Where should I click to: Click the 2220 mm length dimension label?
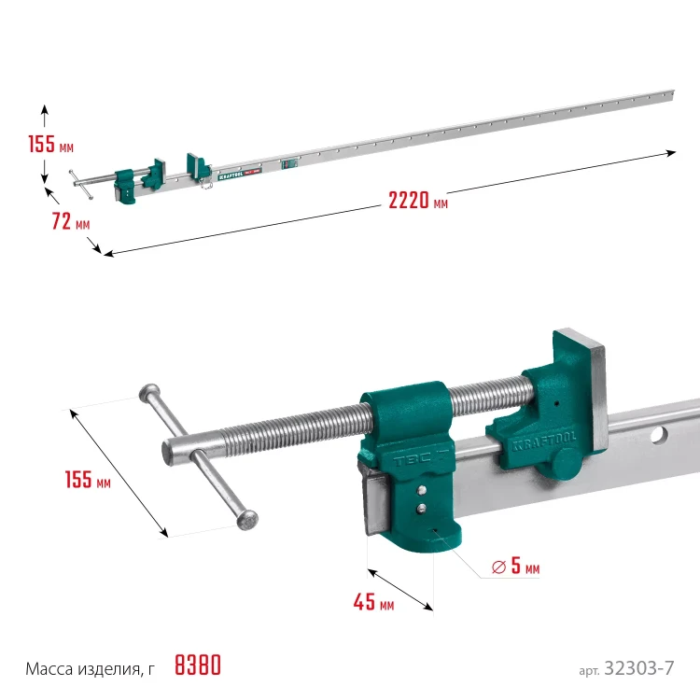418,201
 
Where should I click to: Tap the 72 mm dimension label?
71,221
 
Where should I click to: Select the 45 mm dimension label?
373,602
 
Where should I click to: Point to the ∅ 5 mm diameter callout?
515,567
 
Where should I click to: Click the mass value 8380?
198,665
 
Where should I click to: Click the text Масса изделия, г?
90,669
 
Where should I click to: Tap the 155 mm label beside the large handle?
88,480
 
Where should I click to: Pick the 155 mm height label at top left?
51,144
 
